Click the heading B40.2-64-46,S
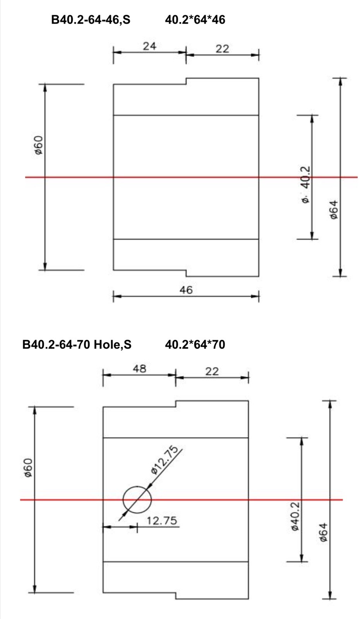91,20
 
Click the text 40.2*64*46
195,20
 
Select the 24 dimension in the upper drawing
149,46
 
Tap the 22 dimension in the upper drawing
222,49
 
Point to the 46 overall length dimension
186,290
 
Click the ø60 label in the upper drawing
38,145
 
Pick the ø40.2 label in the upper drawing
305,184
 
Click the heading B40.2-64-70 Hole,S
77,344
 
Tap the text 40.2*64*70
195,344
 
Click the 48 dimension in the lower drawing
139,369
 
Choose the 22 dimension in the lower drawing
212,371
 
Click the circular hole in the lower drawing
137,499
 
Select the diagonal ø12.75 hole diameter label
166,460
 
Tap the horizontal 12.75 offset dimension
162,521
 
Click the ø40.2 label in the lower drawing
295,516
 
